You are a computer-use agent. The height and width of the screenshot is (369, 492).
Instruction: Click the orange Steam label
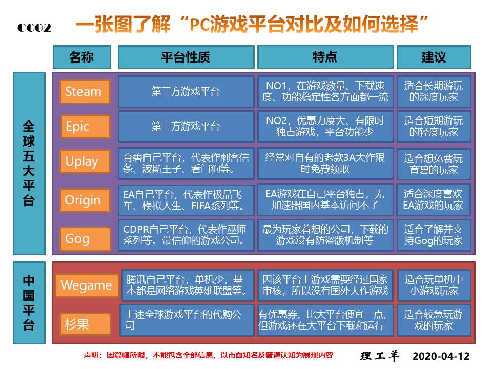(85, 92)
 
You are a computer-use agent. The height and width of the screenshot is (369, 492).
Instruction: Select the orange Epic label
(85, 126)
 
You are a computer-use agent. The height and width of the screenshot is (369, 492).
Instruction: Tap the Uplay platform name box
(85, 162)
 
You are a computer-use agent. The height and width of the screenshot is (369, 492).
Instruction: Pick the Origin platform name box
(85, 200)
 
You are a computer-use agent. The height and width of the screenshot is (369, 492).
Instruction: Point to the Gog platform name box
(85, 238)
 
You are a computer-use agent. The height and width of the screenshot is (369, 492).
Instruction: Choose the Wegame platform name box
(86, 285)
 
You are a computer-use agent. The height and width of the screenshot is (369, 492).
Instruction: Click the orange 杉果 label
(85, 324)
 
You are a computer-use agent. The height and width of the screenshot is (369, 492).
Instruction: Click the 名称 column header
(81, 57)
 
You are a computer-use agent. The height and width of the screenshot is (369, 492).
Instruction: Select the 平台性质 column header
(186, 57)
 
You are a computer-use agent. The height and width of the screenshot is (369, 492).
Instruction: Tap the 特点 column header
(325, 57)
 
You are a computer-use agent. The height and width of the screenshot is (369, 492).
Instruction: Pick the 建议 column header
(434, 57)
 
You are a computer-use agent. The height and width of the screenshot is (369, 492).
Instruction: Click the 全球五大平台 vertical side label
(29, 163)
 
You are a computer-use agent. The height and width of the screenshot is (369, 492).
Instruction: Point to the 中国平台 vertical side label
(29, 302)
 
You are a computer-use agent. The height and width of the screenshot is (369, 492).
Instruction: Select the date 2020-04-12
(441, 356)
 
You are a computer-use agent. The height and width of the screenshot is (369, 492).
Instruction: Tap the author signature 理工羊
(380, 356)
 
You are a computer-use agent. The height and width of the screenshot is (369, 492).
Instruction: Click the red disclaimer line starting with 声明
(208, 355)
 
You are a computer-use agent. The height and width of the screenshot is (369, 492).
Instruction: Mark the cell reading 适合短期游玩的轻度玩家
(434, 126)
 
